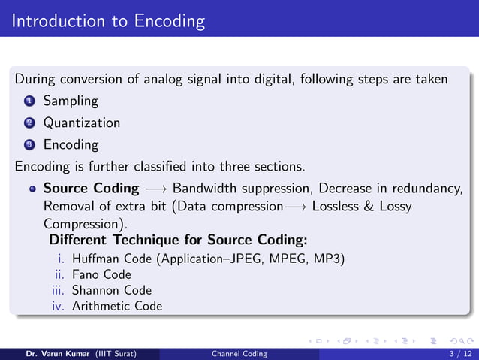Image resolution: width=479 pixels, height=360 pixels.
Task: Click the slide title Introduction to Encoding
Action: tap(108, 20)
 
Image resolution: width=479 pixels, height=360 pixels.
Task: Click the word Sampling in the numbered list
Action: tap(71, 100)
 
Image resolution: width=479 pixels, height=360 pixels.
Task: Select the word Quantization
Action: tap(81, 122)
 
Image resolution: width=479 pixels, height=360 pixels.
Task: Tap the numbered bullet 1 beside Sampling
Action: tap(28, 100)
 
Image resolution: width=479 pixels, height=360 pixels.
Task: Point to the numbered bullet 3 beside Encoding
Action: tap(28, 144)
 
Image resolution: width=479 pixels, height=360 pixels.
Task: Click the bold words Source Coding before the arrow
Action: tap(91, 188)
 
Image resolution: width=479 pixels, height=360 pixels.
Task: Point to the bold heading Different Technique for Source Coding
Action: tap(178, 241)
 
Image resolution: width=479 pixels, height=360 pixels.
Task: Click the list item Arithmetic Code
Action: tap(116, 306)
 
